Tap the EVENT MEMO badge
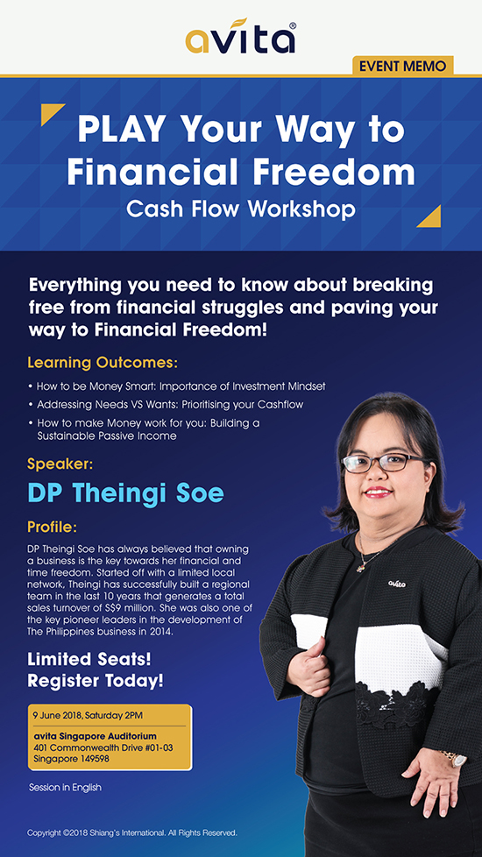tap(403, 66)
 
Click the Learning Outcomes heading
tap(103, 363)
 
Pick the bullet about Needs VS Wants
tap(167, 405)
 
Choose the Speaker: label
tap(60, 465)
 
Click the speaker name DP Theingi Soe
tap(125, 493)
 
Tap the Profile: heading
tap(53, 528)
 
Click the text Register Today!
tap(96, 682)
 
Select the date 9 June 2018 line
tap(88, 715)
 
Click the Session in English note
tap(65, 788)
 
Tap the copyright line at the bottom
tap(131, 833)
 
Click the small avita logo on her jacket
tap(397, 584)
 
